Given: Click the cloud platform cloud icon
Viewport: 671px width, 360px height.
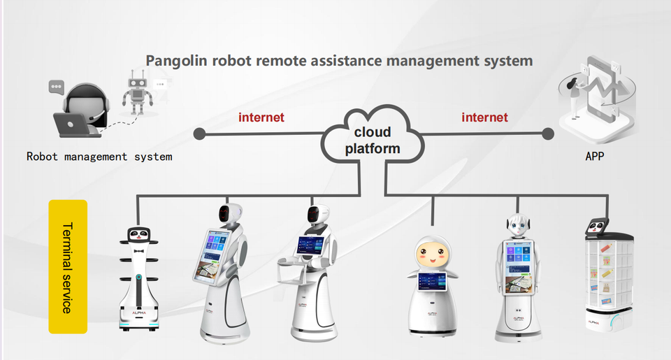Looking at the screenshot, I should point(371,137).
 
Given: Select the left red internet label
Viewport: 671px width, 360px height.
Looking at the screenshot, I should point(261,117).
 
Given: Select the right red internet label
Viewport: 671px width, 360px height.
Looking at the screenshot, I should point(484,117).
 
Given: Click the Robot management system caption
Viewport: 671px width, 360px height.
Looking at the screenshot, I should point(99,157).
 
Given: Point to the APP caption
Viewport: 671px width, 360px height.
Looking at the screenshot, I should point(595,157).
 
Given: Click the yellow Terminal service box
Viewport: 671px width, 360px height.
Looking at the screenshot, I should point(68,266).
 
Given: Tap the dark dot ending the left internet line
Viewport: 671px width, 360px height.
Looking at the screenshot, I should point(199,133).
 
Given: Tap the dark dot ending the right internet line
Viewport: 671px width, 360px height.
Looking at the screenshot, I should point(548,133).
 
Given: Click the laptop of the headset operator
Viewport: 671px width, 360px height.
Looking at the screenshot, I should point(71,124).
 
